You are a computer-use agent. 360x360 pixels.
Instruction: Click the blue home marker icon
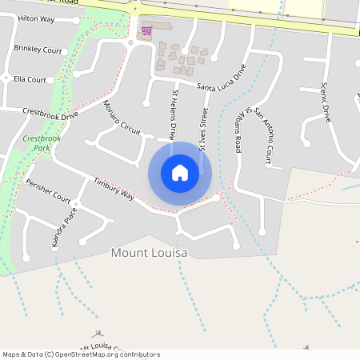(180, 172)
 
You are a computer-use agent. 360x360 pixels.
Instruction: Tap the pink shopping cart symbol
(146, 31)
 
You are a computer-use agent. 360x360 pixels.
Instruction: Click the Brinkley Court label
(38, 49)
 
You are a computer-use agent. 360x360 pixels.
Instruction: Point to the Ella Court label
(30, 79)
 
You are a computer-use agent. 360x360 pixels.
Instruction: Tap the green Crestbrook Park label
(42, 143)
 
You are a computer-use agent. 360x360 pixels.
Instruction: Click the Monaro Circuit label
(122, 119)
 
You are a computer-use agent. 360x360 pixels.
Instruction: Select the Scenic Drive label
(326, 102)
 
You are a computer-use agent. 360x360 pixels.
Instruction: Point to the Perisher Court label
(48, 190)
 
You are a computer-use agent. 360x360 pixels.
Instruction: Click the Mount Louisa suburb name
(149, 253)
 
